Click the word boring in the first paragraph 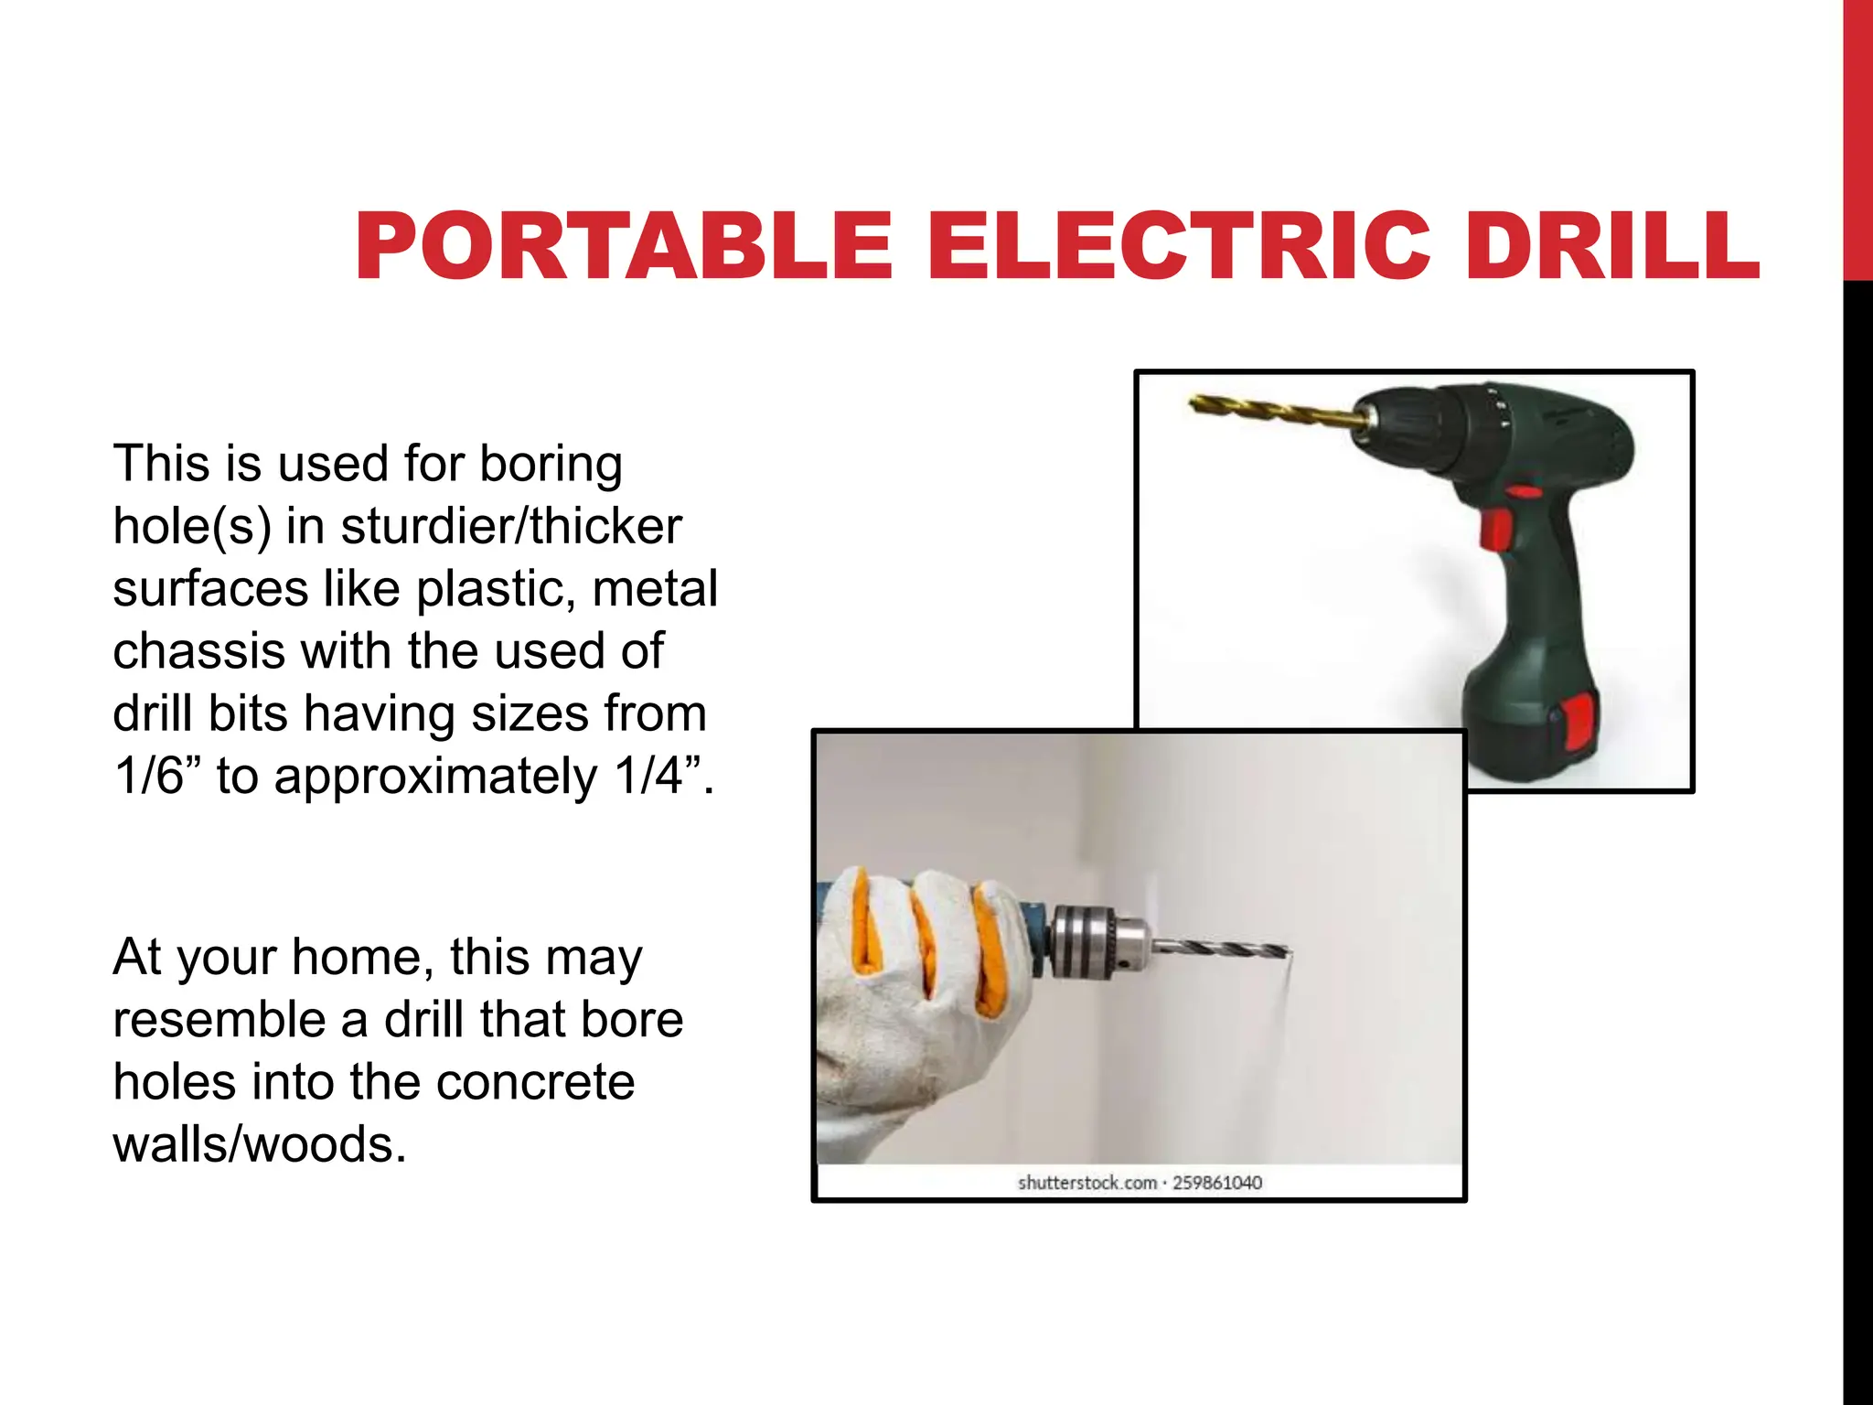[x=551, y=464]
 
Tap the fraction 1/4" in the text [x=658, y=776]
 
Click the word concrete [x=535, y=1082]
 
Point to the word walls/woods [x=259, y=1144]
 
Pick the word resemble [x=219, y=1020]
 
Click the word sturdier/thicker [x=511, y=526]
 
